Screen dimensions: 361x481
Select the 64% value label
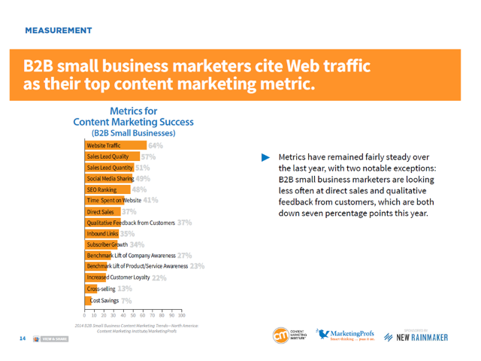(x=156, y=145)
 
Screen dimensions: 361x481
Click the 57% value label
(x=149, y=157)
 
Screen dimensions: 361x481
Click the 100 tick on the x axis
(x=181, y=315)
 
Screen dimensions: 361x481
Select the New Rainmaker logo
(x=425, y=335)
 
